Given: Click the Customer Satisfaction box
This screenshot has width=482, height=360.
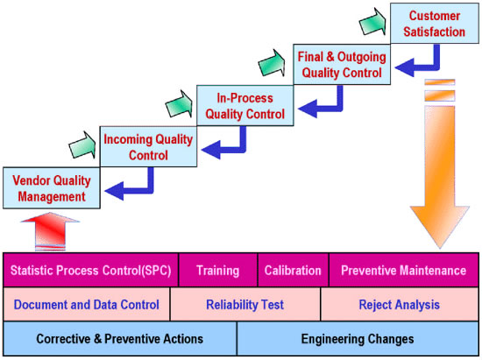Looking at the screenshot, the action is [x=435, y=24].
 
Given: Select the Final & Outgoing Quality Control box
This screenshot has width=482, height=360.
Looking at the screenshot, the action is [x=342, y=65].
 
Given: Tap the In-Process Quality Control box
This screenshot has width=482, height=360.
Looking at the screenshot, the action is [x=245, y=106].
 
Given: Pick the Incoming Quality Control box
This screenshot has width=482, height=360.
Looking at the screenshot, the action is [x=148, y=147].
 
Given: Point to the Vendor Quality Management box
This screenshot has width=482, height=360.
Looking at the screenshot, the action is [x=52, y=188].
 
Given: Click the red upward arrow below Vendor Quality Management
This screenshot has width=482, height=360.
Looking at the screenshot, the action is [x=50, y=231].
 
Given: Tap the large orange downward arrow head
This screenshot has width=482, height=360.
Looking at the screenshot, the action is [x=440, y=226].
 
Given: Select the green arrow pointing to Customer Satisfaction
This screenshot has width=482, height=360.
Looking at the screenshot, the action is [x=372, y=22].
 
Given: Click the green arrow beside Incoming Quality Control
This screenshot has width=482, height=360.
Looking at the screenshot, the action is [x=82, y=145].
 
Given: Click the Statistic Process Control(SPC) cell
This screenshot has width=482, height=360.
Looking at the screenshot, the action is [x=90, y=271].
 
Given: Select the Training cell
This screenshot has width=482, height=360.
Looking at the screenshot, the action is [x=218, y=271].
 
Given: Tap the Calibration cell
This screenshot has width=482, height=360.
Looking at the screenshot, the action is [x=293, y=271].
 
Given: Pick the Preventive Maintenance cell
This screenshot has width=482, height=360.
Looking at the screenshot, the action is [x=404, y=271].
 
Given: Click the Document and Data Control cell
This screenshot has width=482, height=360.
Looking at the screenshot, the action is [x=87, y=305].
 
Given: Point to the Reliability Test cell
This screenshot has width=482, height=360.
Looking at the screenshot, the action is [x=245, y=305].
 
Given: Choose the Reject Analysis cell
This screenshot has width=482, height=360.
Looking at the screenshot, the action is [x=400, y=305].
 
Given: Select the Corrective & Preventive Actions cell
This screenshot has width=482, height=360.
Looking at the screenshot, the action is [x=120, y=338].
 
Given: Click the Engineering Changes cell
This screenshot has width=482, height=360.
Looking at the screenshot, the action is [x=358, y=338].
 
